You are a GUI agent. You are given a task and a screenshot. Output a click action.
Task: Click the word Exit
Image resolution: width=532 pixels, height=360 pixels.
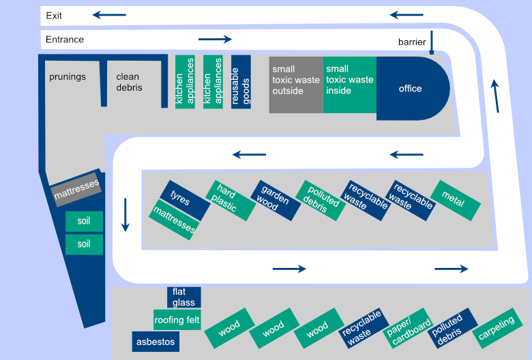[x=55, y=15]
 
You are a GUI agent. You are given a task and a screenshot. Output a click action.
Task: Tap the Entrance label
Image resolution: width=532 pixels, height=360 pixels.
[x=65, y=40]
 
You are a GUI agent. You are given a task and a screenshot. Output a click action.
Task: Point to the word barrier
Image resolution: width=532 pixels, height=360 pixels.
[x=412, y=42]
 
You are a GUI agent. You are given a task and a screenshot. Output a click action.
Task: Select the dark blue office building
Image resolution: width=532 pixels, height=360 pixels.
[x=411, y=89]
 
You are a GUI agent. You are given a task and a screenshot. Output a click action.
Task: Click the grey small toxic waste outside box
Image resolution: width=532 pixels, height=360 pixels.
[x=295, y=85]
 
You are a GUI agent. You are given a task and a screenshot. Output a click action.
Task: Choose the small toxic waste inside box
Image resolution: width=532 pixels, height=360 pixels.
[x=349, y=85]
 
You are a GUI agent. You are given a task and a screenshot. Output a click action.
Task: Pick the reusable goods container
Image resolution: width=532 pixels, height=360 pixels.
[x=241, y=82]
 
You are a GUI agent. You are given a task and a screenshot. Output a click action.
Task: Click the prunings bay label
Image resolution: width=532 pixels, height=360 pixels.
[x=68, y=76]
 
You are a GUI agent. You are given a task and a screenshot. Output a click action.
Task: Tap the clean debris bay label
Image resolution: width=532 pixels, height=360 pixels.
[x=129, y=82]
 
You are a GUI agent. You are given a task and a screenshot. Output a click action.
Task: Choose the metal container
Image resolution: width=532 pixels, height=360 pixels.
[x=455, y=200]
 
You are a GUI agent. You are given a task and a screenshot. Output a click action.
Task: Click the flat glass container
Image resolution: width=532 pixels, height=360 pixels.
[x=183, y=297]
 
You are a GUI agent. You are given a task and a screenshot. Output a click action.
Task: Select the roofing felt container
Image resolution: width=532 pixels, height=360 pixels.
[x=177, y=319]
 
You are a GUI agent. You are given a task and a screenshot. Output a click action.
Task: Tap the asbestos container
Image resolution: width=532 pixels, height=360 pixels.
[x=156, y=342]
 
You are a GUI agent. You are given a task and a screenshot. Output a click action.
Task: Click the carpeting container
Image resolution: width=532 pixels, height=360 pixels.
[x=497, y=329]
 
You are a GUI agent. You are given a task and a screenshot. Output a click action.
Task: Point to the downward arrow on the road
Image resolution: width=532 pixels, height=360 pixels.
[x=125, y=215]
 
